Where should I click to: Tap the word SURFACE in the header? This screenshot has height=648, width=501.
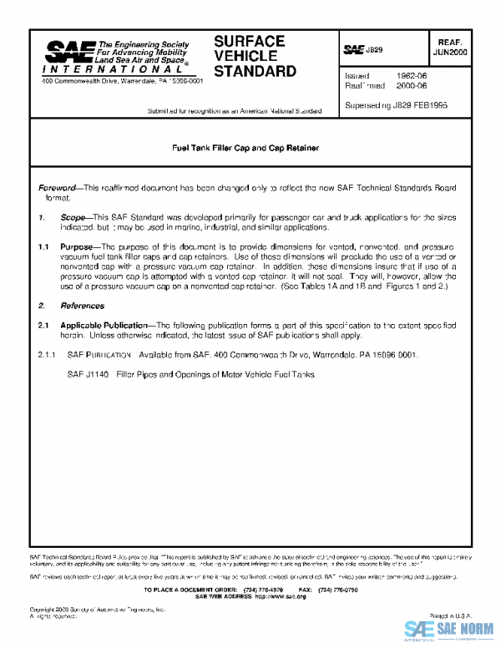[249, 41]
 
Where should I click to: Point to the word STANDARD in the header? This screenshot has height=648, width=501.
[255, 71]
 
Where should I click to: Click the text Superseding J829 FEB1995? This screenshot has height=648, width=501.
[397, 105]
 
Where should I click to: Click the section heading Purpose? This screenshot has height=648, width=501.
[79, 247]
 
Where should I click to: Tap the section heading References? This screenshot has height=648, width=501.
[81, 306]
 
